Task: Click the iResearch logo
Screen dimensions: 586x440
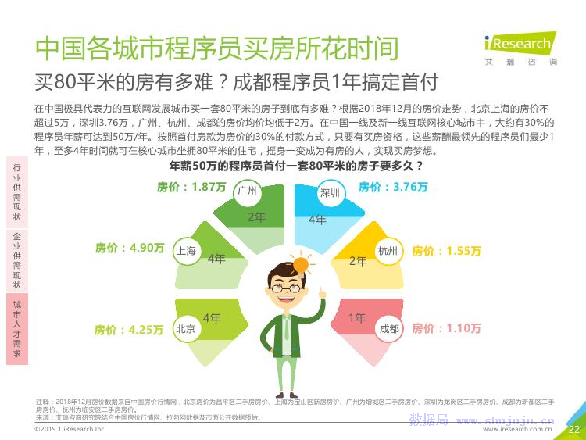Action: click(520, 48)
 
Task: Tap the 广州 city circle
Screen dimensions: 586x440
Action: click(247, 191)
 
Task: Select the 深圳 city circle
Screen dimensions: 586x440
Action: click(330, 193)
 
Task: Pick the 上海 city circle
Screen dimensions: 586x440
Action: click(186, 250)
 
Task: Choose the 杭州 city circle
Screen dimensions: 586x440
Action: click(388, 250)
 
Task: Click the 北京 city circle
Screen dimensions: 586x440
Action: click(186, 329)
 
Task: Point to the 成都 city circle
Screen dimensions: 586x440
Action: click(389, 329)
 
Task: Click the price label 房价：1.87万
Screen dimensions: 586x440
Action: click(191, 187)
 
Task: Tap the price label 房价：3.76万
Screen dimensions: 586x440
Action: click(393, 187)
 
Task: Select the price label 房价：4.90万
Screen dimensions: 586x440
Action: click(130, 248)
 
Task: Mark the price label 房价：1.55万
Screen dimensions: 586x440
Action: click(446, 250)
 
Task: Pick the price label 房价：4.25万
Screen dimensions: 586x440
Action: click(129, 330)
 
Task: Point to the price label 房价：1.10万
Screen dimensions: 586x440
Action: click(446, 328)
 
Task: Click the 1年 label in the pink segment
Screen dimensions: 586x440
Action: click(357, 318)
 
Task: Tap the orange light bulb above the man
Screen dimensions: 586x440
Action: click(301, 265)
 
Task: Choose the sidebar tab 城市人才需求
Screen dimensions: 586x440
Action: click(17, 329)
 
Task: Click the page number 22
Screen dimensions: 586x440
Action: click(573, 430)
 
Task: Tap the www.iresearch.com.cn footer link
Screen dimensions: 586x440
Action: click(517, 429)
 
